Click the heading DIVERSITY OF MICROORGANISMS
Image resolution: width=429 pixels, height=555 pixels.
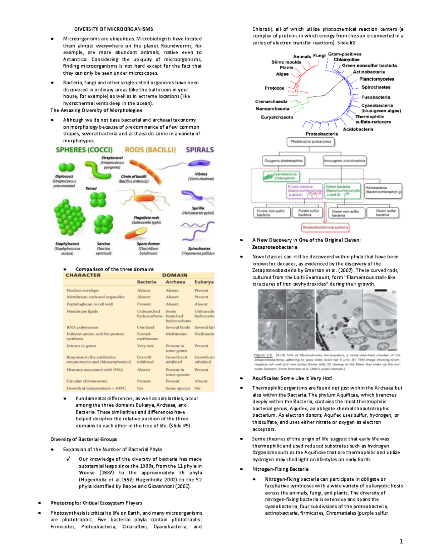point(113,29)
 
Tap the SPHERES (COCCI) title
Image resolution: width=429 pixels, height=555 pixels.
point(84,150)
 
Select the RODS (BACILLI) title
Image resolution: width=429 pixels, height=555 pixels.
point(150,150)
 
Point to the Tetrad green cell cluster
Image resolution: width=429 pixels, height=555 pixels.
point(98,200)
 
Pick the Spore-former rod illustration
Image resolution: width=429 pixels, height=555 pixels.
point(135,233)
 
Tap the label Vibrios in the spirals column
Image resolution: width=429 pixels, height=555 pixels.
point(201,174)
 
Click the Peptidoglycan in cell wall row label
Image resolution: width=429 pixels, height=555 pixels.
point(89,304)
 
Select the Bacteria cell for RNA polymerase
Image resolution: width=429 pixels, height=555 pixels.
point(146,327)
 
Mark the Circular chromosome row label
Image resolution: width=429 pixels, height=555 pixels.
point(87,381)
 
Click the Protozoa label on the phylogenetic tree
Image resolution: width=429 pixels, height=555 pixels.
point(275,88)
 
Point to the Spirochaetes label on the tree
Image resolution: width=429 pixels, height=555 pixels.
point(376,87)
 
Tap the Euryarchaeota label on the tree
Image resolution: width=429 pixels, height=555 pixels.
point(277,117)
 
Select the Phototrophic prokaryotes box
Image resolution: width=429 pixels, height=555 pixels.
point(311,142)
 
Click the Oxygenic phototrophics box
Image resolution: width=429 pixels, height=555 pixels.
point(283,161)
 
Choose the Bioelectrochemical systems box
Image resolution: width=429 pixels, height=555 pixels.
point(325,227)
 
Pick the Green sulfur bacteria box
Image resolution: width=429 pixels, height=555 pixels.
point(383,213)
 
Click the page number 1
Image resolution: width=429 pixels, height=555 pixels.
point(401,541)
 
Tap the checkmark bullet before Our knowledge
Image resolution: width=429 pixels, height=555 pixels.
point(68,459)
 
